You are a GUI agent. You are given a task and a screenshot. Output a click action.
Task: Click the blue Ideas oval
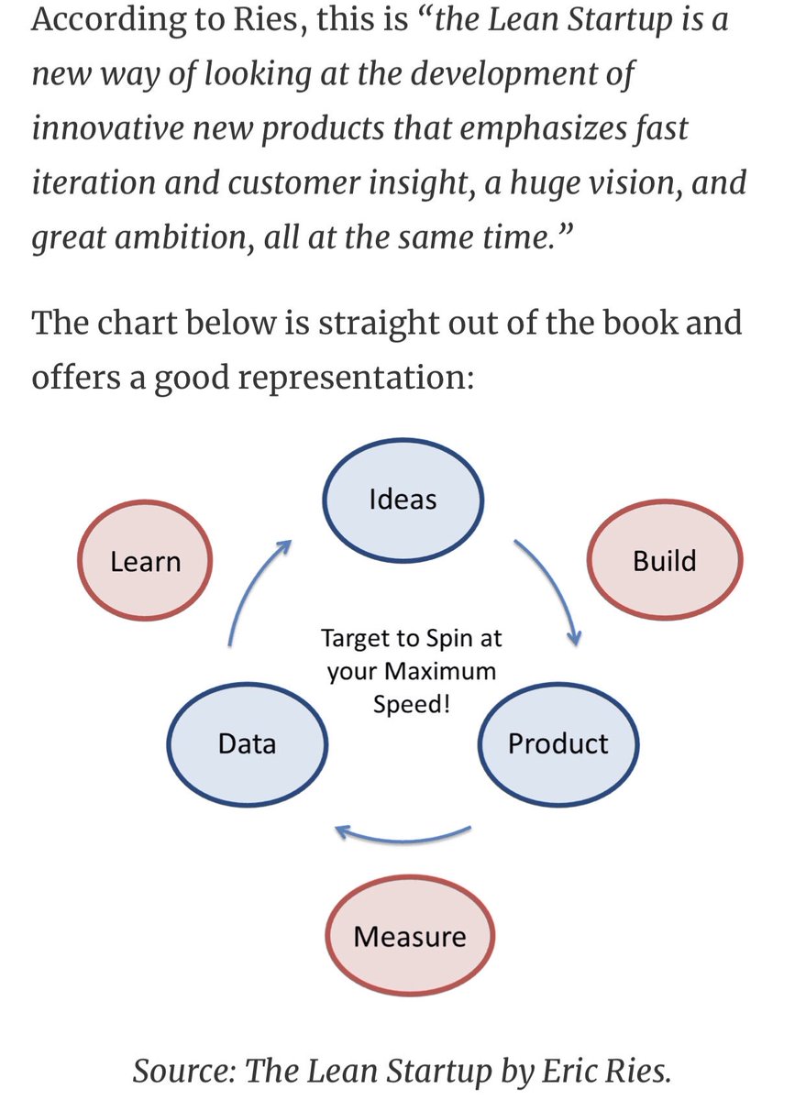click(403, 500)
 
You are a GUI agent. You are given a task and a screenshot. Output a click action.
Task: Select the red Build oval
click(665, 561)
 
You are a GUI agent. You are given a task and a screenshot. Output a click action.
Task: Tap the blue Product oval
click(558, 742)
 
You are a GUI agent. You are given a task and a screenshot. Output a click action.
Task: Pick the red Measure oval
click(410, 937)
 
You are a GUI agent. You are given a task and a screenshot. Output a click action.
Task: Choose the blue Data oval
click(248, 742)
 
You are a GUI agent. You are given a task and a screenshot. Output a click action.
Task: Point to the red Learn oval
click(145, 561)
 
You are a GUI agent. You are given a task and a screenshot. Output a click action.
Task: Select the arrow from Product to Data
click(403, 836)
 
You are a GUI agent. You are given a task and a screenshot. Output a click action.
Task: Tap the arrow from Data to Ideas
click(253, 590)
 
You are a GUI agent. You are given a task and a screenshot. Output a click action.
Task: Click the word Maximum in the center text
click(439, 671)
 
